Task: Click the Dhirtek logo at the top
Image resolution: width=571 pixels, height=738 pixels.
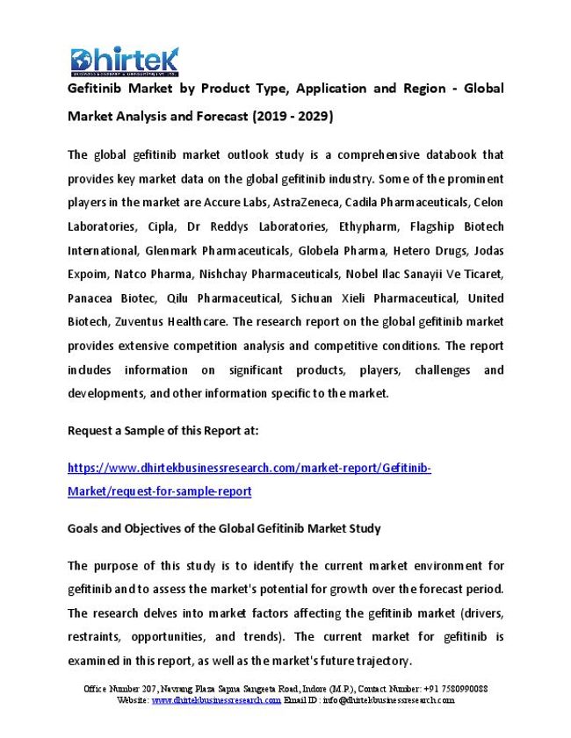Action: click(x=124, y=61)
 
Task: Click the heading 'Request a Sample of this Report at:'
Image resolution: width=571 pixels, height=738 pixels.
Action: click(x=163, y=431)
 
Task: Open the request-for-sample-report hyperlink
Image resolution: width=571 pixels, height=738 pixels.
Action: click(x=159, y=491)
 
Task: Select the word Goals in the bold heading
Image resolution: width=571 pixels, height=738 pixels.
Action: click(x=84, y=528)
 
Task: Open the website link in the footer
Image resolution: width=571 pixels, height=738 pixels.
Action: click(x=216, y=700)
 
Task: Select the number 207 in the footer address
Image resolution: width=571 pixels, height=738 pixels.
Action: click(x=151, y=689)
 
